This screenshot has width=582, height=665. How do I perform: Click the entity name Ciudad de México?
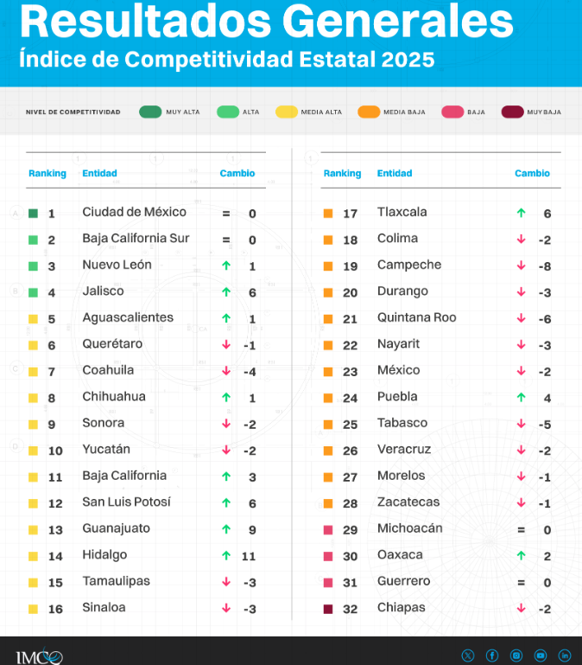pyautogui.click(x=134, y=212)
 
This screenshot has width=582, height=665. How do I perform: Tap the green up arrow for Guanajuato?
pyautogui.click(x=226, y=529)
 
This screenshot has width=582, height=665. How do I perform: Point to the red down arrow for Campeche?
pyautogui.click(x=521, y=265)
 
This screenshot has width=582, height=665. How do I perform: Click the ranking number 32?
pyautogui.click(x=350, y=608)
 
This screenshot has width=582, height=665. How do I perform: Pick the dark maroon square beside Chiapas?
pyautogui.click(x=328, y=608)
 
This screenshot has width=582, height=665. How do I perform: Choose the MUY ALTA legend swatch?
pyautogui.click(x=150, y=112)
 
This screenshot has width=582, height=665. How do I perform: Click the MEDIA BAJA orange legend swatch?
pyautogui.click(x=369, y=112)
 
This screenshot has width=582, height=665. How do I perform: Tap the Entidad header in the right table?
pyautogui.click(x=395, y=173)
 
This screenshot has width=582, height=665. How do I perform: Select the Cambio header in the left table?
pyautogui.click(x=237, y=173)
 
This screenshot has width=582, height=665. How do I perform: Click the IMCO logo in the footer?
pyautogui.click(x=38, y=656)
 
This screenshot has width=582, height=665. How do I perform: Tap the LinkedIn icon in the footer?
pyautogui.click(x=565, y=655)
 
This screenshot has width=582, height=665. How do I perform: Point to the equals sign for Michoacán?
pyautogui.click(x=521, y=529)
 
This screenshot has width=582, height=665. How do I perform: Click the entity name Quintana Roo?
pyautogui.click(x=417, y=317)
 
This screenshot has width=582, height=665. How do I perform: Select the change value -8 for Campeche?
pyautogui.click(x=545, y=265)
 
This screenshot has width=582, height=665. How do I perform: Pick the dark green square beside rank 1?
pyautogui.click(x=33, y=213)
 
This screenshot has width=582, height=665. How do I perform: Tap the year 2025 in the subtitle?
pyautogui.click(x=405, y=61)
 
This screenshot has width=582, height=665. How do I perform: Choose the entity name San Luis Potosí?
pyautogui.click(x=126, y=502)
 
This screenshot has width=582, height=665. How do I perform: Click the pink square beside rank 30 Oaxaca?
pyautogui.click(x=328, y=555)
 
